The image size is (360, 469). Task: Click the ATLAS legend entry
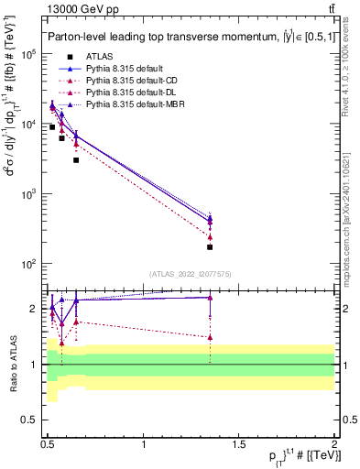pyautogui.click(x=102, y=57)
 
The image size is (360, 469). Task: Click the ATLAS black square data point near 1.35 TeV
pyautogui.click(x=211, y=247)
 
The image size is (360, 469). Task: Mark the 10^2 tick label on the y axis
pyautogui.click(x=27, y=264)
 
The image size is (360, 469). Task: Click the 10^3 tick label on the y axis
pyautogui.click(x=27, y=194)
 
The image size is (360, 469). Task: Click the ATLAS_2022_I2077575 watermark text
pyautogui.click(x=190, y=273)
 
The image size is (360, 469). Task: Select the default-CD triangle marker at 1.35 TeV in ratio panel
pyautogui.click(x=211, y=337)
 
